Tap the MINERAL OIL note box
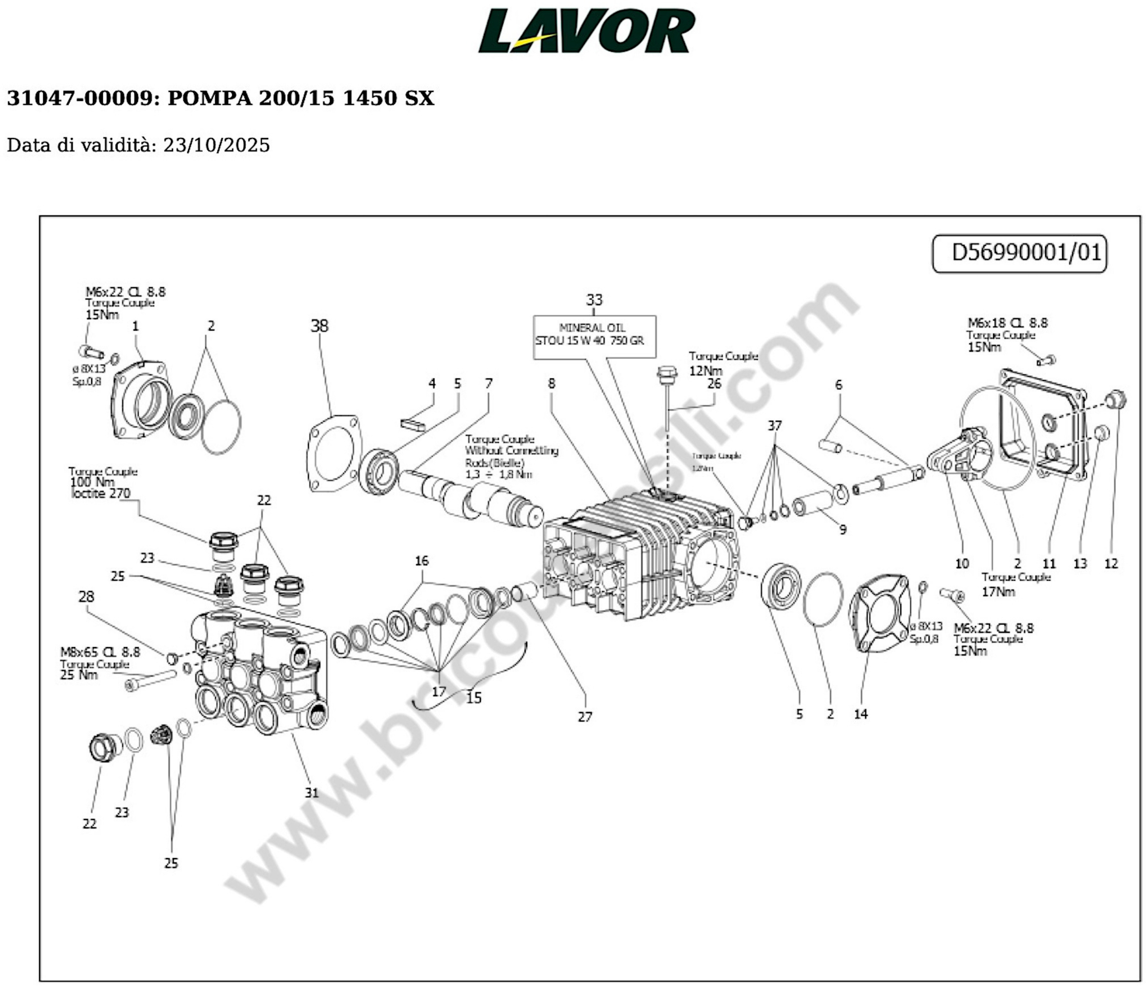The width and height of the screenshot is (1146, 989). (594, 337)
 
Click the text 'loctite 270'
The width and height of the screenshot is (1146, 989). (101, 493)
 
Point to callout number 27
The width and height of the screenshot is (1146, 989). (585, 717)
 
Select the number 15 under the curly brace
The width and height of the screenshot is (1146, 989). (473, 698)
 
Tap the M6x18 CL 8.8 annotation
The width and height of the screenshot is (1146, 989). (1007, 322)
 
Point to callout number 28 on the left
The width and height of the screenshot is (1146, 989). (86, 596)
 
